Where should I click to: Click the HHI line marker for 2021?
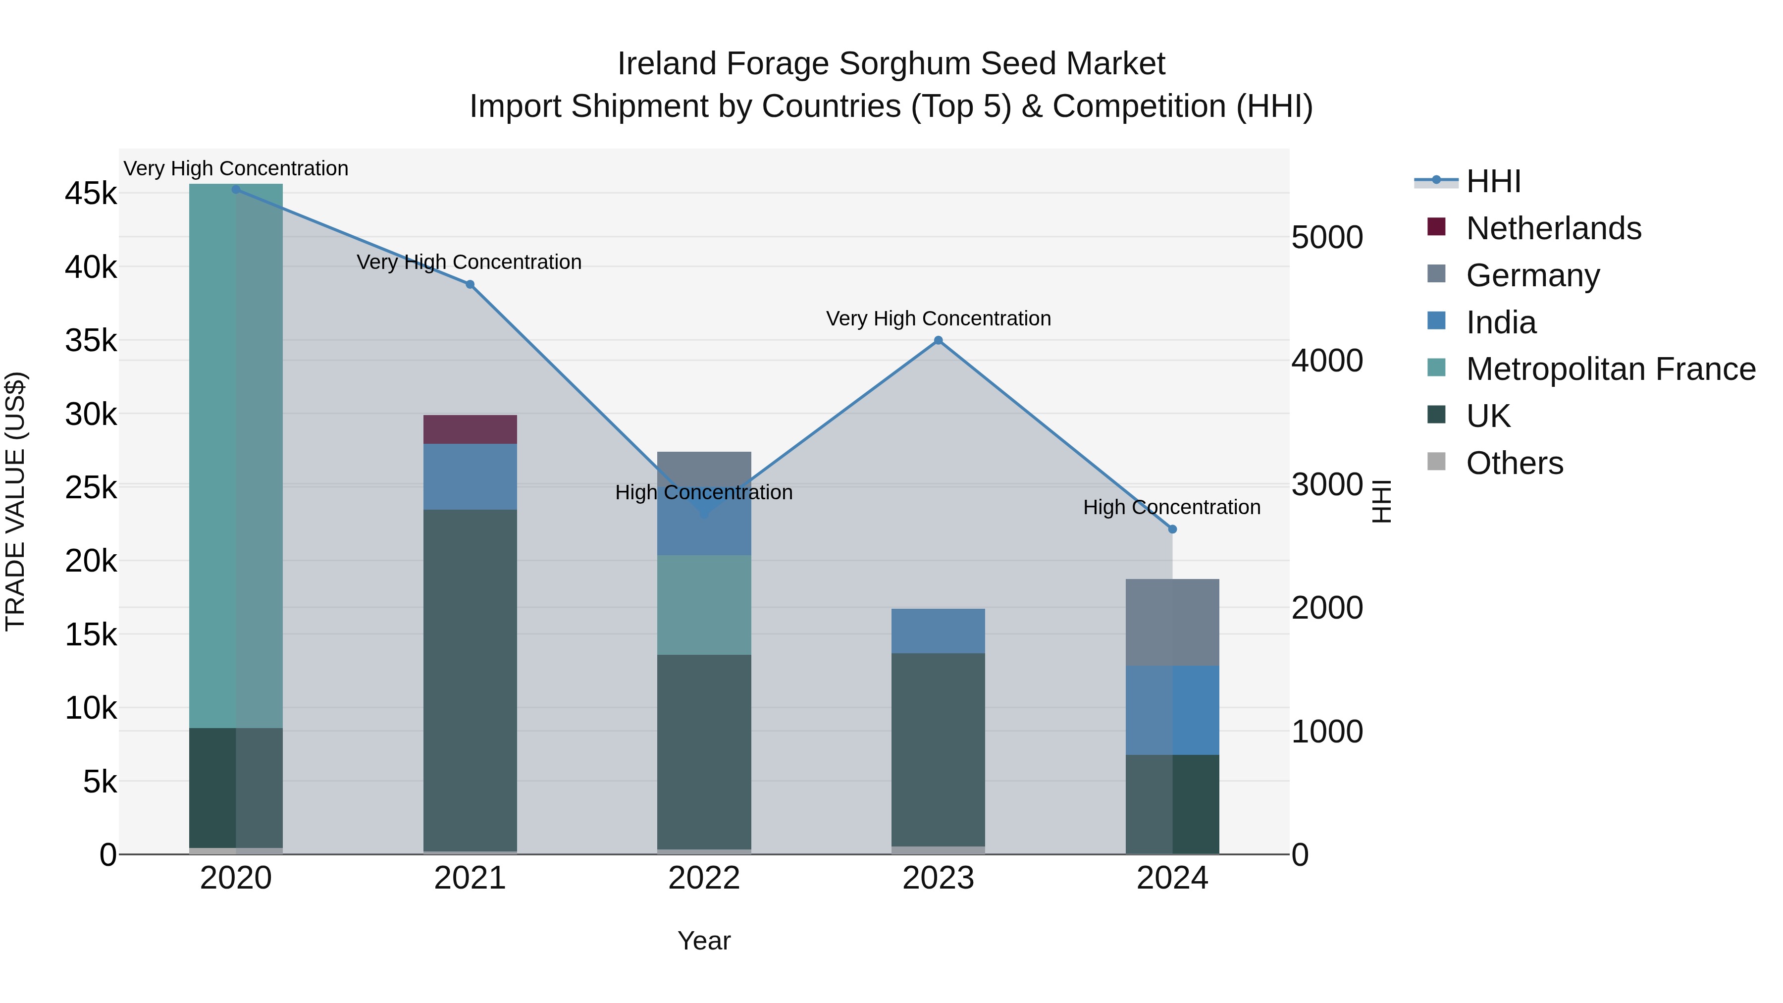[x=470, y=284]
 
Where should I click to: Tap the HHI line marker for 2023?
[x=939, y=341]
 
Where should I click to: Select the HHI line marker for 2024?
[x=1172, y=529]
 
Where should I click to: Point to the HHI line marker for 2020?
[x=236, y=190]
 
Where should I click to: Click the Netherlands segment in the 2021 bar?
[x=470, y=429]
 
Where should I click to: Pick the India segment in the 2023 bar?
[x=938, y=631]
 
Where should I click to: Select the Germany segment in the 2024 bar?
[x=1172, y=622]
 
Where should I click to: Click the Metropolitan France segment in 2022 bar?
[x=704, y=604]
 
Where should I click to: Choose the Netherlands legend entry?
[x=1553, y=228]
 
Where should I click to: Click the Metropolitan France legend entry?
[x=1610, y=369]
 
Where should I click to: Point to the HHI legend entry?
[x=1493, y=181]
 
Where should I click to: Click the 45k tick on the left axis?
[x=91, y=194]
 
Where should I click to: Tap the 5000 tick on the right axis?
[x=1327, y=237]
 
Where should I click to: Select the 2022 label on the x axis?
[x=704, y=878]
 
